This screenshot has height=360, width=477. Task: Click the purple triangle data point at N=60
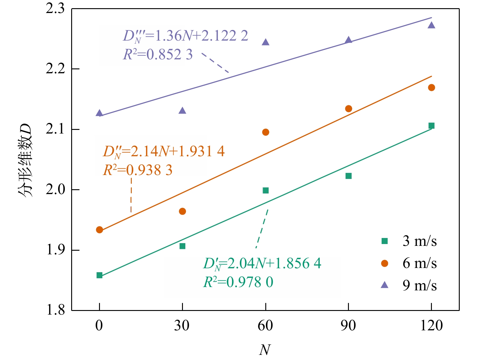click(x=266, y=42)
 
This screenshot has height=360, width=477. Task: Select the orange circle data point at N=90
click(x=349, y=109)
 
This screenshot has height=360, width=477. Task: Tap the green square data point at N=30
click(x=182, y=246)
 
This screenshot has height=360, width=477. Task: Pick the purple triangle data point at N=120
click(x=432, y=25)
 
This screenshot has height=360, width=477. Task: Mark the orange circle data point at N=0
click(x=99, y=230)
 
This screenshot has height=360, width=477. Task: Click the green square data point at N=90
click(x=349, y=176)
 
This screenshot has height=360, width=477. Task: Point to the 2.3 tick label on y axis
click(x=55, y=8)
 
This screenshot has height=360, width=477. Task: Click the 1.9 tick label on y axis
click(x=55, y=250)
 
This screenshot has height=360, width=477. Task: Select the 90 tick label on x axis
click(x=348, y=326)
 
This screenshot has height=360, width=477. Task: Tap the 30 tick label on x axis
click(x=182, y=326)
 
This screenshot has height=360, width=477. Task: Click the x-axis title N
click(x=265, y=350)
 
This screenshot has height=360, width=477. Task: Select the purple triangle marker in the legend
click(x=384, y=285)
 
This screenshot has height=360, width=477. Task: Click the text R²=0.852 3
click(x=157, y=54)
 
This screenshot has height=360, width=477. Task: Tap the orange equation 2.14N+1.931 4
click(x=164, y=151)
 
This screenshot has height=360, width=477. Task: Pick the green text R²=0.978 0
click(x=238, y=282)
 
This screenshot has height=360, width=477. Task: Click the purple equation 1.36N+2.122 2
click(x=185, y=36)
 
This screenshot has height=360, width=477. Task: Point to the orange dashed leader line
click(x=131, y=195)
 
